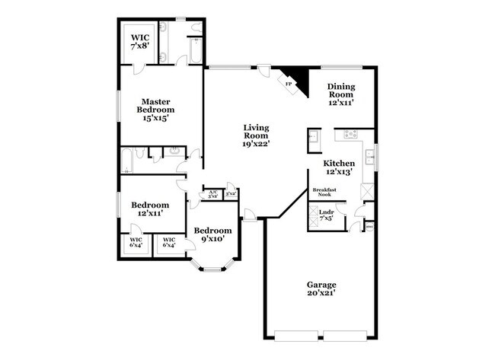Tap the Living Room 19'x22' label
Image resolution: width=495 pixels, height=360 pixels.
click(257, 135)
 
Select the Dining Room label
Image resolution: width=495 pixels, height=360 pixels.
click(340, 94)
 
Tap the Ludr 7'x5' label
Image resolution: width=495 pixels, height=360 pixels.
click(327, 215)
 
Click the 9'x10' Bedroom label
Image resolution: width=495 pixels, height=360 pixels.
click(212, 234)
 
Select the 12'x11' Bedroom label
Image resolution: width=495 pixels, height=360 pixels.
click(149, 209)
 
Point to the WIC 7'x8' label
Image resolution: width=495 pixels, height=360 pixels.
click(141, 41)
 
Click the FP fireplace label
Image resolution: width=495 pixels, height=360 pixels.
click(289, 84)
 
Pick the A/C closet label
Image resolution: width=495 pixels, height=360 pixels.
click(213, 193)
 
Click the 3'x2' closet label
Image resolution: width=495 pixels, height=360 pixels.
click(230, 194)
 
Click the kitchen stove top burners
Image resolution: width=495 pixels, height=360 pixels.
click(351, 135)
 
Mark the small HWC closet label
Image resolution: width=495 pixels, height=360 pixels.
click(369, 226)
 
